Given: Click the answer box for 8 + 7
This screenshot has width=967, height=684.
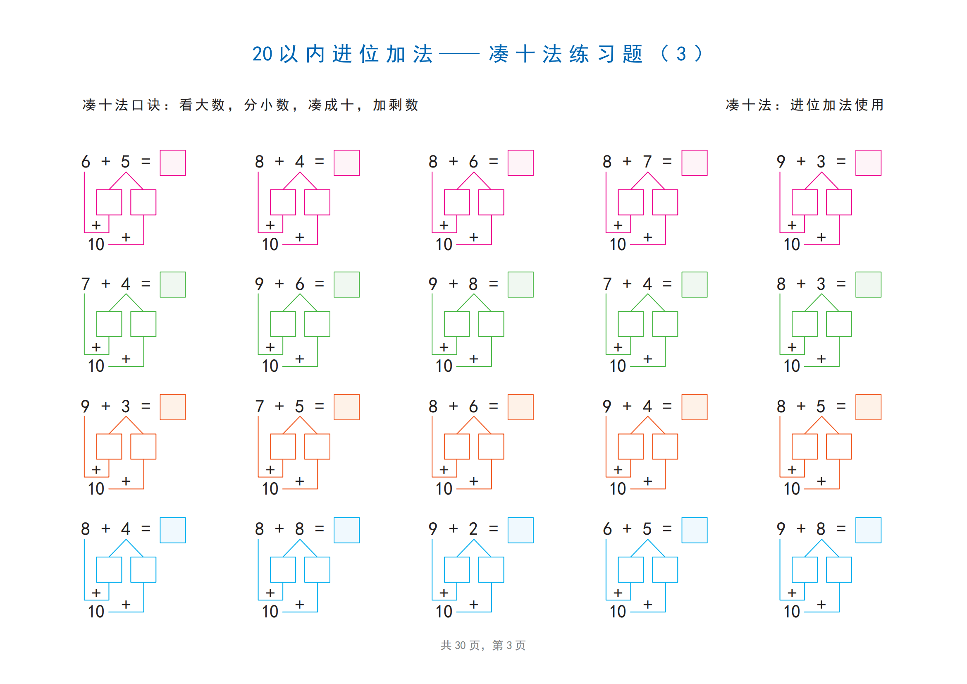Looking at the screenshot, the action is tap(695, 163).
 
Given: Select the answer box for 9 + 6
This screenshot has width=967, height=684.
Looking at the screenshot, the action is tap(346, 285).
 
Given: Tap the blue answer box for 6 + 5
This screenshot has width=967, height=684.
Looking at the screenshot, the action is tap(695, 530).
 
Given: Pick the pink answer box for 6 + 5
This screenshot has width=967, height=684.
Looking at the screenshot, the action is tap(173, 163).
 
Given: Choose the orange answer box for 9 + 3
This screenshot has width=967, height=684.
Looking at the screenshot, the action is tap(173, 407).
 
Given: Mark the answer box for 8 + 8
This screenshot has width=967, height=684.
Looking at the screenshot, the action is tap(346, 530).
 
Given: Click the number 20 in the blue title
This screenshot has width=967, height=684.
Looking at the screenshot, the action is tap(263, 54).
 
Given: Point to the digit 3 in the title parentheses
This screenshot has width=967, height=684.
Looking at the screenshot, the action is tap(681, 54).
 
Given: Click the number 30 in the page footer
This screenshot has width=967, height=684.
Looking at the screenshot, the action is tap(460, 645).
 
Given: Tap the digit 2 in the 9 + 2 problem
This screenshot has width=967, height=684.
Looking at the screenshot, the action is tap(473, 529).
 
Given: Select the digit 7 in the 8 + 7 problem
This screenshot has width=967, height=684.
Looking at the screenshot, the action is tap(647, 161).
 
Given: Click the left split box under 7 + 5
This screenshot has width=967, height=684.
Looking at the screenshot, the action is tap(283, 447).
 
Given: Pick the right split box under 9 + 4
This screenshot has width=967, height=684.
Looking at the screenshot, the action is tap(665, 447).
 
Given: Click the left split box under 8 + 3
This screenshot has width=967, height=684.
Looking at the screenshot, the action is tap(805, 324).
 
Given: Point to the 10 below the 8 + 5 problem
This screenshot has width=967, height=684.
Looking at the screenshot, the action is tap(792, 488).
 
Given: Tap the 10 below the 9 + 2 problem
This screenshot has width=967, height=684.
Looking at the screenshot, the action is tap(444, 611).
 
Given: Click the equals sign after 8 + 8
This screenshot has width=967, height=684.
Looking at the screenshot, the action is tap(320, 529).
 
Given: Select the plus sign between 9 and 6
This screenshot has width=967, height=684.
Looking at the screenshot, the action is tap(279, 283).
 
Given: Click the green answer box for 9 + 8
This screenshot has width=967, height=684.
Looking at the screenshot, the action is tap(521, 285).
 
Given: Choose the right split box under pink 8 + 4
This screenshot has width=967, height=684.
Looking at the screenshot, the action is tap(317, 202).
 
